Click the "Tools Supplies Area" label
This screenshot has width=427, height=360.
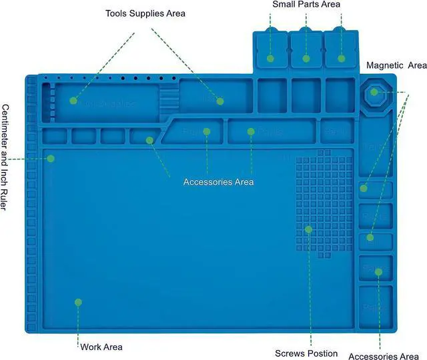[x=145, y=13]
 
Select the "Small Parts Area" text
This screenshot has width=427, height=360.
[x=306, y=5]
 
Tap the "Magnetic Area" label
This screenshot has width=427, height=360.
[x=396, y=65]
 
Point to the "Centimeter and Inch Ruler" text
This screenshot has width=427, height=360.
[x=5, y=158]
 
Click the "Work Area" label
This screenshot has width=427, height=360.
[x=101, y=347]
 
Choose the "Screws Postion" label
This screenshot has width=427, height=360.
[x=306, y=353]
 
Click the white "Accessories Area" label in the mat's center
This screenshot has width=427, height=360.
[x=218, y=182]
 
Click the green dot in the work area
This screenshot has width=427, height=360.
[x=78, y=302]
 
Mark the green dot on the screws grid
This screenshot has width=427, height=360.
[x=308, y=229]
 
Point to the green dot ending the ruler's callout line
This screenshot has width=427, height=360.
[x=51, y=159]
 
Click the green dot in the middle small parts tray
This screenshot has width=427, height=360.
[x=306, y=59]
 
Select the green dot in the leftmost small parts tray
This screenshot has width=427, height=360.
[x=270, y=59]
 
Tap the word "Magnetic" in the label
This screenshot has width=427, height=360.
[x=384, y=65]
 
